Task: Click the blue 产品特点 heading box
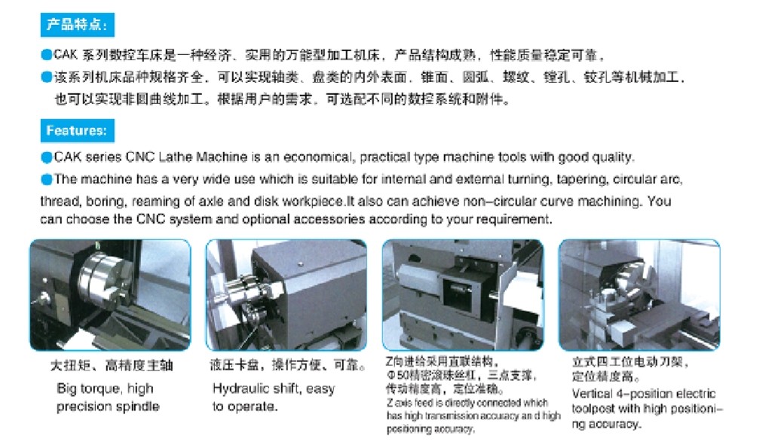tap(77, 25)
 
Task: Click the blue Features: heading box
tap(77, 130)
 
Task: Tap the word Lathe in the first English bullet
tap(175, 157)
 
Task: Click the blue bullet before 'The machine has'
tap(47, 179)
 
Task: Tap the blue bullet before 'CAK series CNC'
tap(47, 157)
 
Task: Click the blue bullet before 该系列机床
tap(47, 77)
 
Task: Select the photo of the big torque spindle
tap(111, 294)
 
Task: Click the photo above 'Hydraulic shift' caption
tap(287, 294)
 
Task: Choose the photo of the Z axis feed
tap(463, 294)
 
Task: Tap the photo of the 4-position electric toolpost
tap(639, 294)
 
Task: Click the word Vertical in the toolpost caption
tap(593, 393)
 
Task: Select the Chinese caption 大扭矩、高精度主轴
tap(112, 365)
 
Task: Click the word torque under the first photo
tap(102, 389)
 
